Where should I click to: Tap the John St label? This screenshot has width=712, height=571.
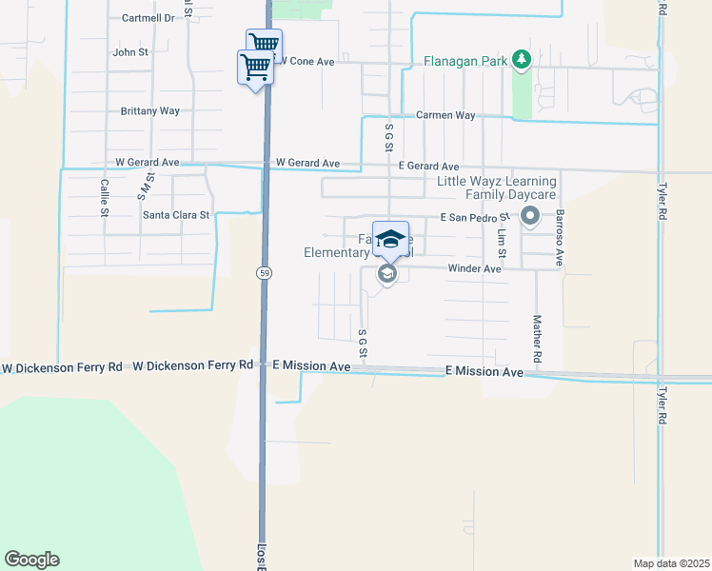[130, 52]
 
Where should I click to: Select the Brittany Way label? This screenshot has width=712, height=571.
[150, 111]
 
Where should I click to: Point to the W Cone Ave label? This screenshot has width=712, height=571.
[305, 61]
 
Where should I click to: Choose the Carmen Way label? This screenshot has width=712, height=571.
[445, 115]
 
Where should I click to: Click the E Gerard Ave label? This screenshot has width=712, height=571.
[428, 167]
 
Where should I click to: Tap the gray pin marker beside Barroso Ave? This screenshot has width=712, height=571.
[530, 218]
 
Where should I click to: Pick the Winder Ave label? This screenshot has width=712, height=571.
[474, 269]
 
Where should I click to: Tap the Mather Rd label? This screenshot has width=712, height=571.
[537, 338]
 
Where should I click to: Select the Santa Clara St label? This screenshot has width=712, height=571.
[176, 215]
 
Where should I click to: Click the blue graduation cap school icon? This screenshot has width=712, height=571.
[390, 238]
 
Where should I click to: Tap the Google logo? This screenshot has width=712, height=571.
[31, 560]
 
